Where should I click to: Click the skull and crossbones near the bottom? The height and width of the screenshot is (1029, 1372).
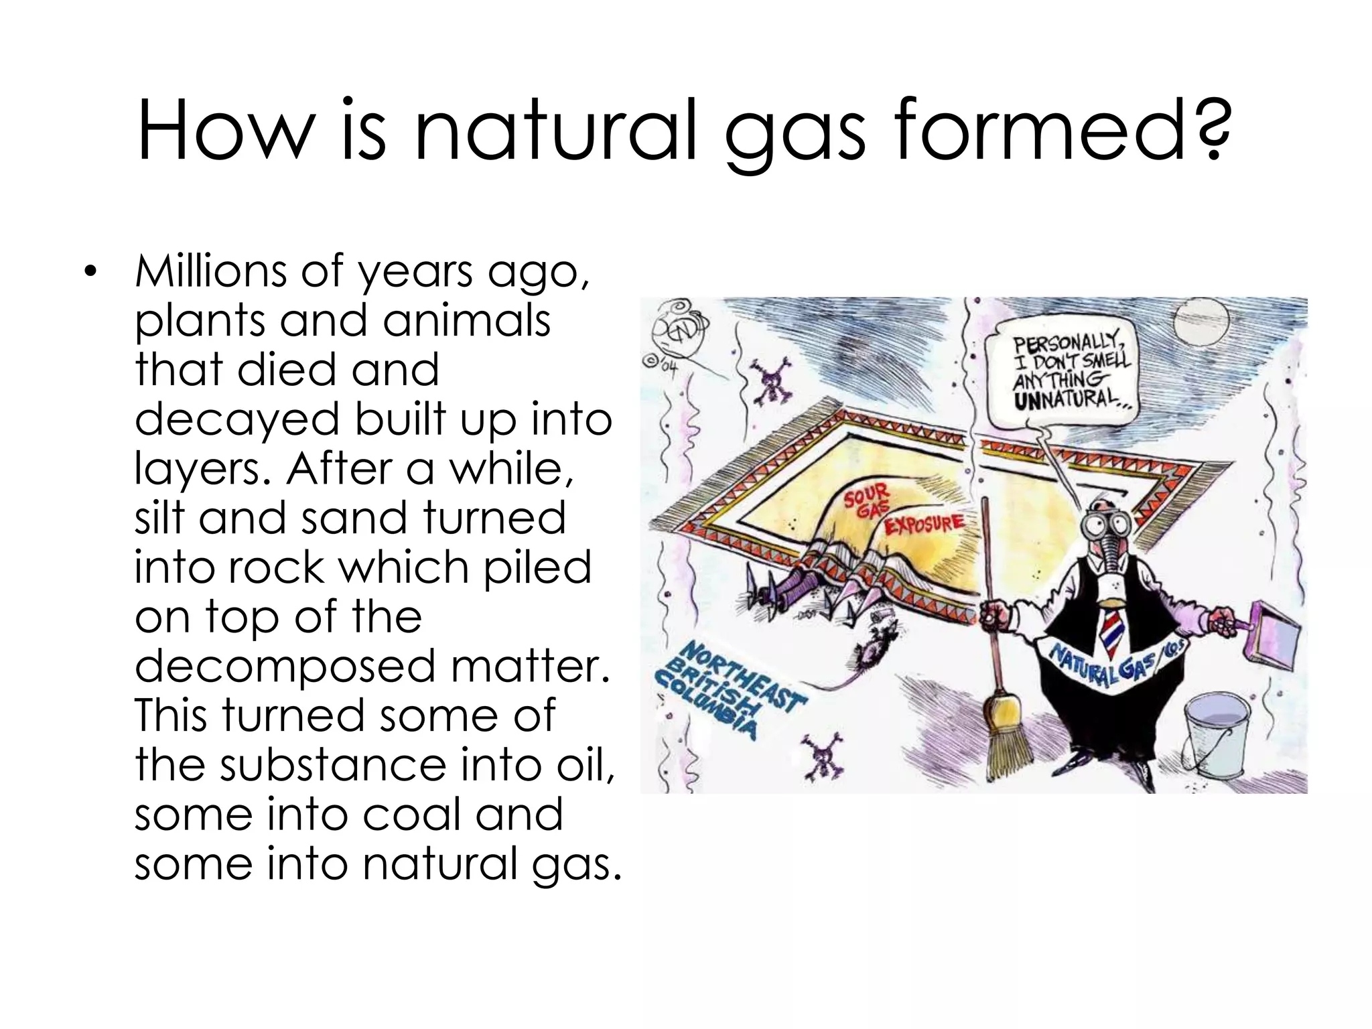pos(827,754)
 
